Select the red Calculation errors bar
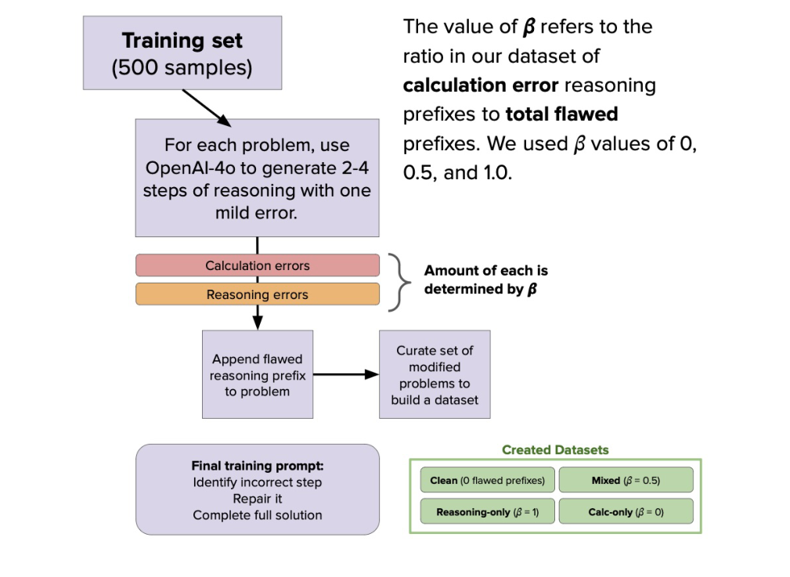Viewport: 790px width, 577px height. pyautogui.click(x=257, y=265)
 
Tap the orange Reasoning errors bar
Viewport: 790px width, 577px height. pyautogui.click(x=257, y=294)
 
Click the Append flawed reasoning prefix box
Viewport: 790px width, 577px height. pyautogui.click(x=257, y=374)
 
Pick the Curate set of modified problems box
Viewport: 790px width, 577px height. pyautogui.click(x=435, y=374)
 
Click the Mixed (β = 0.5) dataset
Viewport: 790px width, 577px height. pyautogui.click(x=626, y=480)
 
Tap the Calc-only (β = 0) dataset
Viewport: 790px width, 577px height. pyautogui.click(x=626, y=512)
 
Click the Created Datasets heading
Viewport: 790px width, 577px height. pyautogui.click(x=555, y=450)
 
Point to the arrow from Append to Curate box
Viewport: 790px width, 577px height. pyautogui.click(x=345, y=374)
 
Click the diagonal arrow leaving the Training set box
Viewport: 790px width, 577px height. pyautogui.click(x=207, y=108)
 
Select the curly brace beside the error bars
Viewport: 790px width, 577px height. pyautogui.click(x=402, y=280)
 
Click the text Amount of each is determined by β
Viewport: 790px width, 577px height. pyautogui.click(x=485, y=279)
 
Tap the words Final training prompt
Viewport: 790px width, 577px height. pyautogui.click(x=257, y=465)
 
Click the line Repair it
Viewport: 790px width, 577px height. pyautogui.click(x=257, y=498)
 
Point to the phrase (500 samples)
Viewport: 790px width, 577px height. pyautogui.click(x=182, y=67)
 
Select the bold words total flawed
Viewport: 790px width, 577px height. pyautogui.click(x=561, y=114)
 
